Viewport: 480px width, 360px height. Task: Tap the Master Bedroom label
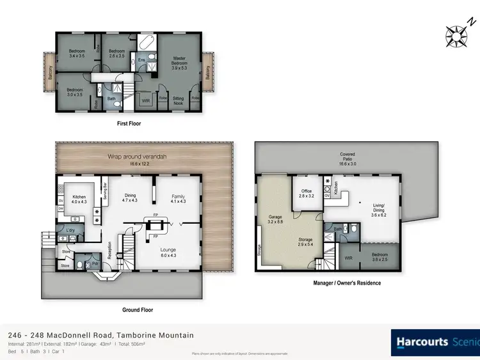(179, 61)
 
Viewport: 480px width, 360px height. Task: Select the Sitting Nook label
(179, 100)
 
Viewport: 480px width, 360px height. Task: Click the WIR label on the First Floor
(145, 100)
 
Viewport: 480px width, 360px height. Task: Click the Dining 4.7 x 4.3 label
(131, 198)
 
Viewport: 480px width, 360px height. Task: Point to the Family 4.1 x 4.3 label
(177, 199)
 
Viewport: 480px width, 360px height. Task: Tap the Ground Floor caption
(137, 310)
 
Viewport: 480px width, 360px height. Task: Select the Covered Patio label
(347, 157)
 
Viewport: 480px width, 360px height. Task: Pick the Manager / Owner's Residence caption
(347, 283)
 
